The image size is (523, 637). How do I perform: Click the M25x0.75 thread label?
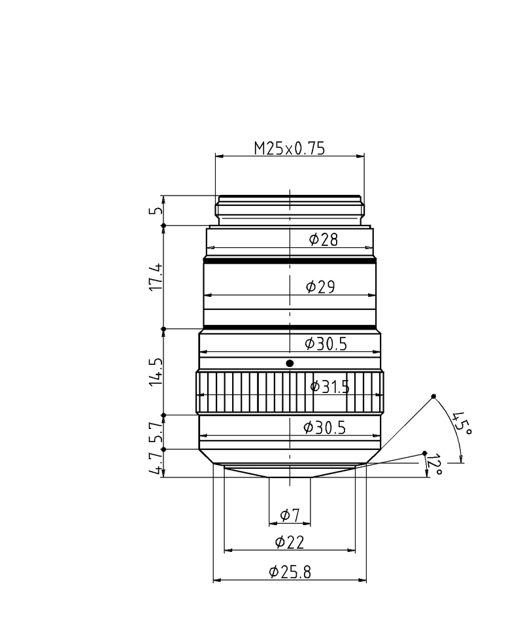pyautogui.click(x=290, y=148)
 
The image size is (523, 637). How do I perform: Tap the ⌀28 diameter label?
pyautogui.click(x=323, y=239)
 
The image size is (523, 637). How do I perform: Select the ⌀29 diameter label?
pyautogui.click(x=320, y=287)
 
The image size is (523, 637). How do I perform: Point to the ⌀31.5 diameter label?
pyautogui.click(x=329, y=387)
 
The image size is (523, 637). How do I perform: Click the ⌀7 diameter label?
pyautogui.click(x=290, y=515)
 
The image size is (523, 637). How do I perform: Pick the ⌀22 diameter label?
pyautogui.click(x=290, y=542)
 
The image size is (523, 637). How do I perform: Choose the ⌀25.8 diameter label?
pyautogui.click(x=290, y=572)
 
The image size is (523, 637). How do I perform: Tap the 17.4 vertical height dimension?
pyautogui.click(x=156, y=277)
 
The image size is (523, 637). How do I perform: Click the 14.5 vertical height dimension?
pyautogui.click(x=156, y=371)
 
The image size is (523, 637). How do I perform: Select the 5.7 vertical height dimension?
pyautogui.click(x=156, y=432)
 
